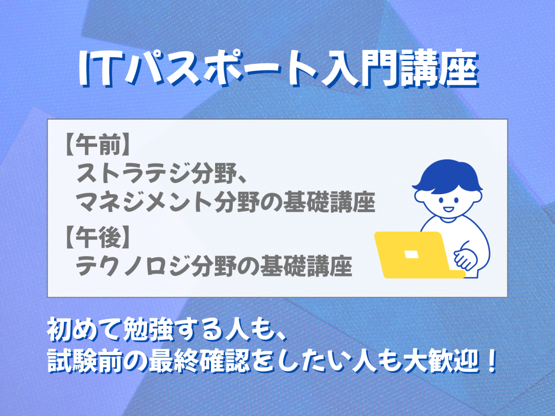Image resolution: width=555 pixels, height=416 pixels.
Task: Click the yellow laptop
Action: tap(419, 255)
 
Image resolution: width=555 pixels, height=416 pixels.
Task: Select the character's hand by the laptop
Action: tap(465, 258)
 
